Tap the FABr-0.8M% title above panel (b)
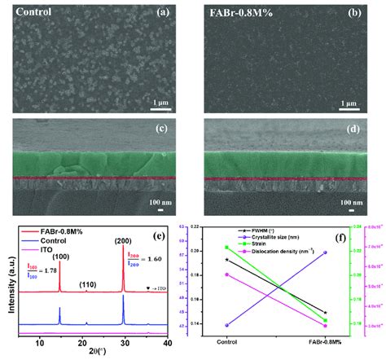234,12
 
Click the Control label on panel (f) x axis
226,340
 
